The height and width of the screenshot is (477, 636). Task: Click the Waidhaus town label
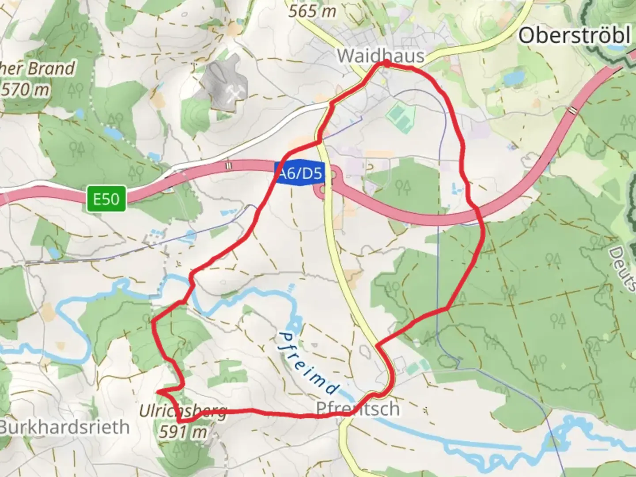coord(380,56)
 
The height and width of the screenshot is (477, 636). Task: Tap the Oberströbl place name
coord(574,35)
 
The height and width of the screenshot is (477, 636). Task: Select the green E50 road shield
coord(106,199)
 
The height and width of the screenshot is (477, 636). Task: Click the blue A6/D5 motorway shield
coord(299,174)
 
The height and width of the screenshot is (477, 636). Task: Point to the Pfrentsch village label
coord(358,409)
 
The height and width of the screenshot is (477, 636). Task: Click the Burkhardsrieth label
coord(64,427)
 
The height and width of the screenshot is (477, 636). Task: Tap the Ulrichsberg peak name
coord(182,412)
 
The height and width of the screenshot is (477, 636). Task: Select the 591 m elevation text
coord(182,432)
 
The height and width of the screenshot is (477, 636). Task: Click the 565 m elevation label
coord(312,11)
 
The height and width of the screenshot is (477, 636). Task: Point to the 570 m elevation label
coord(25,90)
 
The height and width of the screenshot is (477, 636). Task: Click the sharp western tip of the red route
coord(158,391)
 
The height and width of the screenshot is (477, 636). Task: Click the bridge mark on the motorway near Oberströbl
coord(573,110)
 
